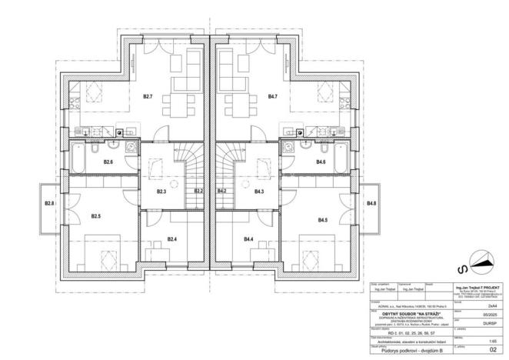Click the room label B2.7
pos(148,97)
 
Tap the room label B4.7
pos(273,97)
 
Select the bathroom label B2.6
pos(108,162)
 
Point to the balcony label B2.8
pos(49,203)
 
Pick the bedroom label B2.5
pos(95,217)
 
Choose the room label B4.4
pos(248,240)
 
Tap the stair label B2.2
pos(198,191)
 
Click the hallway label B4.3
pos(259,191)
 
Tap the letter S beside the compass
pos(461,269)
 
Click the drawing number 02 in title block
pos(484,348)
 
